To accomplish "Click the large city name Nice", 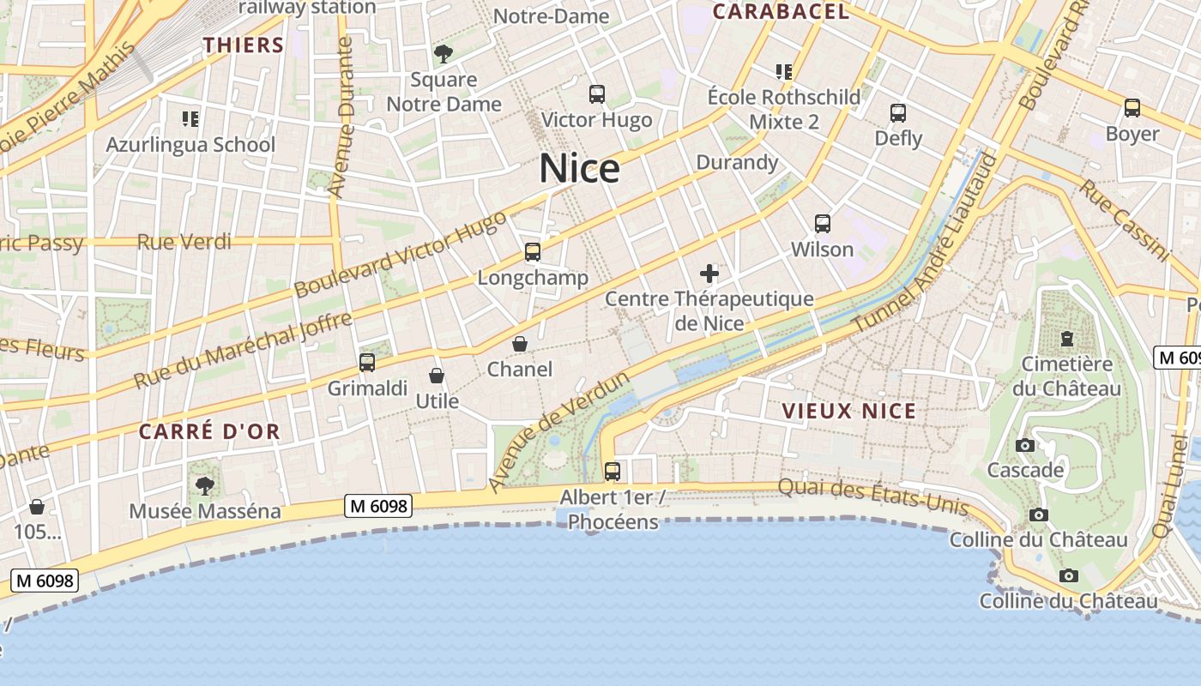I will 579,168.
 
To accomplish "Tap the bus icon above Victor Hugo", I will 597,94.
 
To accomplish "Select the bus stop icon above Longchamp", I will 533,252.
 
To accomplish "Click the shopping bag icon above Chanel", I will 520,344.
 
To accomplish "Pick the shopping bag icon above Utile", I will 437,376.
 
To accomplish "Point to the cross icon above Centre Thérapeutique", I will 709,274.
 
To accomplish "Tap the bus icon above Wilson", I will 823,224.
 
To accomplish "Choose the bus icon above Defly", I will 898,112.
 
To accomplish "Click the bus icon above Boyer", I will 1132,108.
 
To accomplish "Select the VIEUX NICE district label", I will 849,412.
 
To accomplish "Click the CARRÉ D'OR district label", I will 210,431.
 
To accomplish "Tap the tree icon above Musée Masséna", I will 205,486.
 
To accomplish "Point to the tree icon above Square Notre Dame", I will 444,54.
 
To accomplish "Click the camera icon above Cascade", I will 1024,445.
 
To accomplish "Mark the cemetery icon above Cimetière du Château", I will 1067,338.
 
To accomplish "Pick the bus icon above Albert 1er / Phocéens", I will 613,471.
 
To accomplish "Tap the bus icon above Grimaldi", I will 367,363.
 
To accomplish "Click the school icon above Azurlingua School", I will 190,118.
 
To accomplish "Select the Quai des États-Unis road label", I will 873,497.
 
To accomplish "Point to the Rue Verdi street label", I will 184,242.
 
